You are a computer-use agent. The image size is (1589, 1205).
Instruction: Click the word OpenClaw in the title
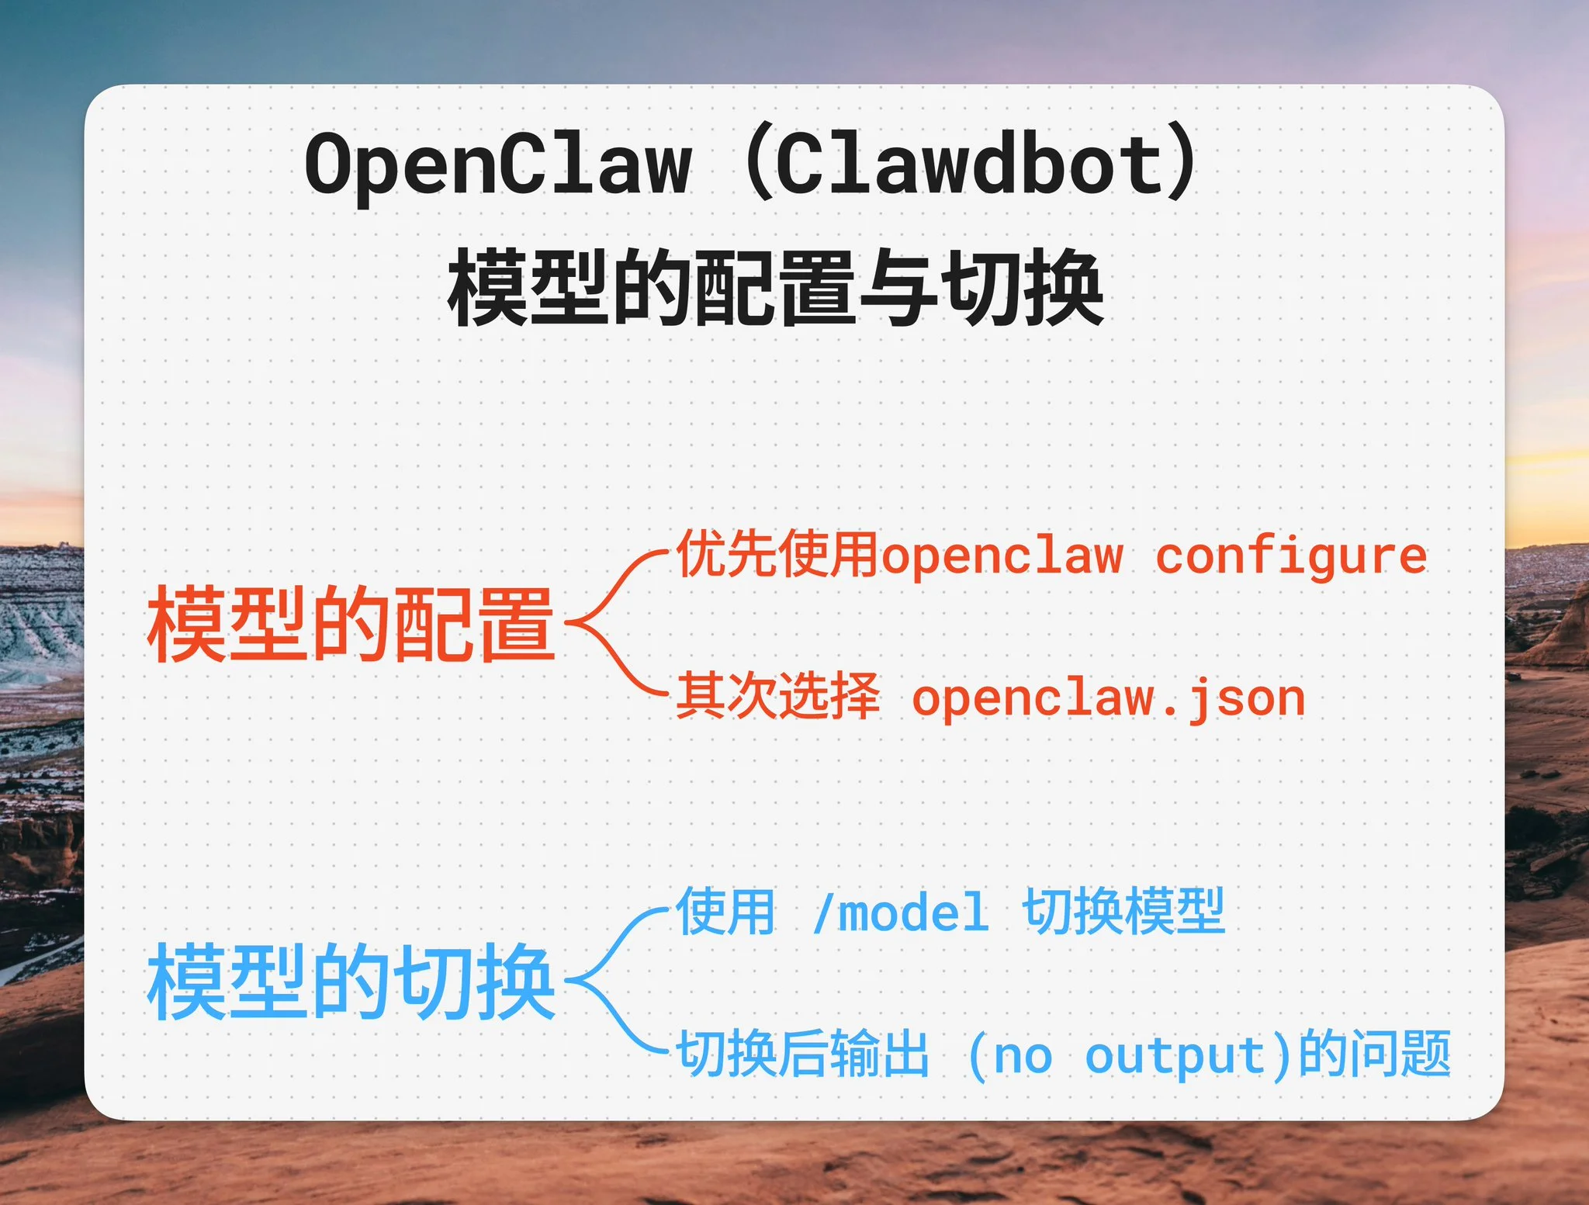click(497, 165)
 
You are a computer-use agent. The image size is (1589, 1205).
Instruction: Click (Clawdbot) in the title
click(970, 165)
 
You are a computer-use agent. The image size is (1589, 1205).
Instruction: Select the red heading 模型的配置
click(351, 625)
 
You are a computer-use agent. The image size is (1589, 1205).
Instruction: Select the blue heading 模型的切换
click(351, 982)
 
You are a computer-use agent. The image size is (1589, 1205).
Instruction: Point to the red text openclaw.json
click(1108, 698)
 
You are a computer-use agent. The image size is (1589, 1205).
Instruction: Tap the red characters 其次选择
click(777, 697)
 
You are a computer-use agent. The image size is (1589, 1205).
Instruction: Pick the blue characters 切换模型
click(1123, 911)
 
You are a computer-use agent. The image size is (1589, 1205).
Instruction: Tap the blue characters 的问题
click(1374, 1054)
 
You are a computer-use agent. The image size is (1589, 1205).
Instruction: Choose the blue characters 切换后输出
click(802, 1054)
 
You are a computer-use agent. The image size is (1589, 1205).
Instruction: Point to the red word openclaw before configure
click(1002, 557)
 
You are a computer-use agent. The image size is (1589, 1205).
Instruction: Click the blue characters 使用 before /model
click(726, 911)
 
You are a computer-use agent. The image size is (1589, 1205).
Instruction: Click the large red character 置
click(517, 625)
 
